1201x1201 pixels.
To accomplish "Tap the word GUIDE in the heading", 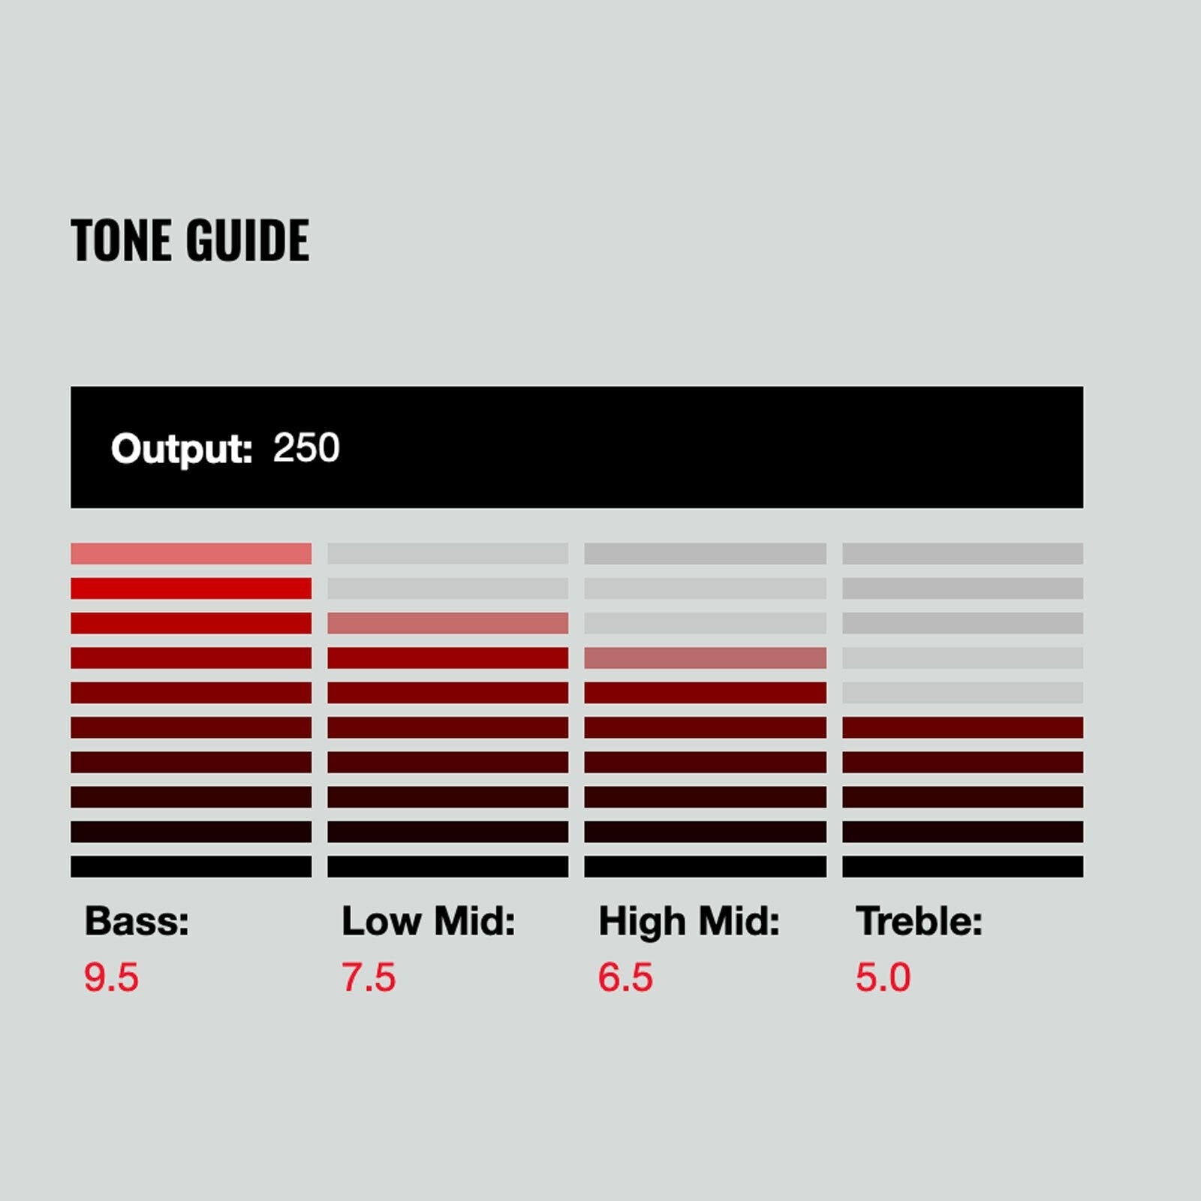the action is pyautogui.click(x=248, y=240).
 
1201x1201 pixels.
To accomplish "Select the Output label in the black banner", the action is pyautogui.click(x=182, y=449).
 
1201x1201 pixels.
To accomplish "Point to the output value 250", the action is pyautogui.click(x=306, y=448).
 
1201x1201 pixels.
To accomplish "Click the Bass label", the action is pyautogui.click(x=137, y=920).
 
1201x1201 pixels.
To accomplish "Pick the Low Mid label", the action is pyautogui.click(x=429, y=920).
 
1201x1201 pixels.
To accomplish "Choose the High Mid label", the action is pyautogui.click(x=689, y=922).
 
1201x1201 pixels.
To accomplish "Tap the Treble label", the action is pyautogui.click(x=920, y=920).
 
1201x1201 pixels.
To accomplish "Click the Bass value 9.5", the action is pyautogui.click(x=111, y=977).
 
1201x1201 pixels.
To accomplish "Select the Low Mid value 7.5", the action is pyautogui.click(x=369, y=977).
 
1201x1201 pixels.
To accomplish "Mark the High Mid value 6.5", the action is pyautogui.click(x=625, y=977).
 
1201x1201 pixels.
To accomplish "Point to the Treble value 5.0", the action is pyautogui.click(x=883, y=977).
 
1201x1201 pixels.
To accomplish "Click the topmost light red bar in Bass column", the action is pyautogui.click(x=191, y=553).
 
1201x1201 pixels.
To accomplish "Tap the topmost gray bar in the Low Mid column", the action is pyautogui.click(x=447, y=553).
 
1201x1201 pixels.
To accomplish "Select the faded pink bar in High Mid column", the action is pyautogui.click(x=705, y=658).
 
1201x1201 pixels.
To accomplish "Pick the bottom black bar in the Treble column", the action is pyautogui.click(x=962, y=866).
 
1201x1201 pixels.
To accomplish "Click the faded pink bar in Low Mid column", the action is pyautogui.click(x=447, y=623).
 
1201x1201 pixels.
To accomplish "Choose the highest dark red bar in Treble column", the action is pyautogui.click(x=962, y=727).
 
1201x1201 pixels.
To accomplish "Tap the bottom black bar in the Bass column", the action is pyautogui.click(x=191, y=866).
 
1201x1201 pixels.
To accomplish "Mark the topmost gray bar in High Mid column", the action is pyautogui.click(x=705, y=553).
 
